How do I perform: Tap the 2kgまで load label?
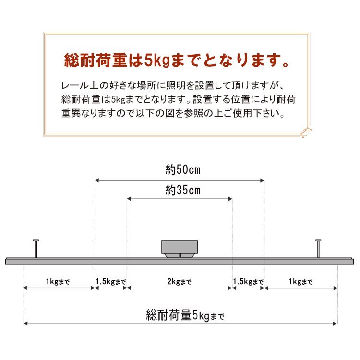[x=180, y=282]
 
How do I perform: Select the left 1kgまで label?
[x=58, y=282]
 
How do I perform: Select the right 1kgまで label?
[x=301, y=282]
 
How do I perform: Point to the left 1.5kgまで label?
[x=111, y=282]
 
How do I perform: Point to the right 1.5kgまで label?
[x=248, y=282]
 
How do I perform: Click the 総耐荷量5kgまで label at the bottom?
[x=185, y=316]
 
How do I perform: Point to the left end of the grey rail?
[x=7, y=262]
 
